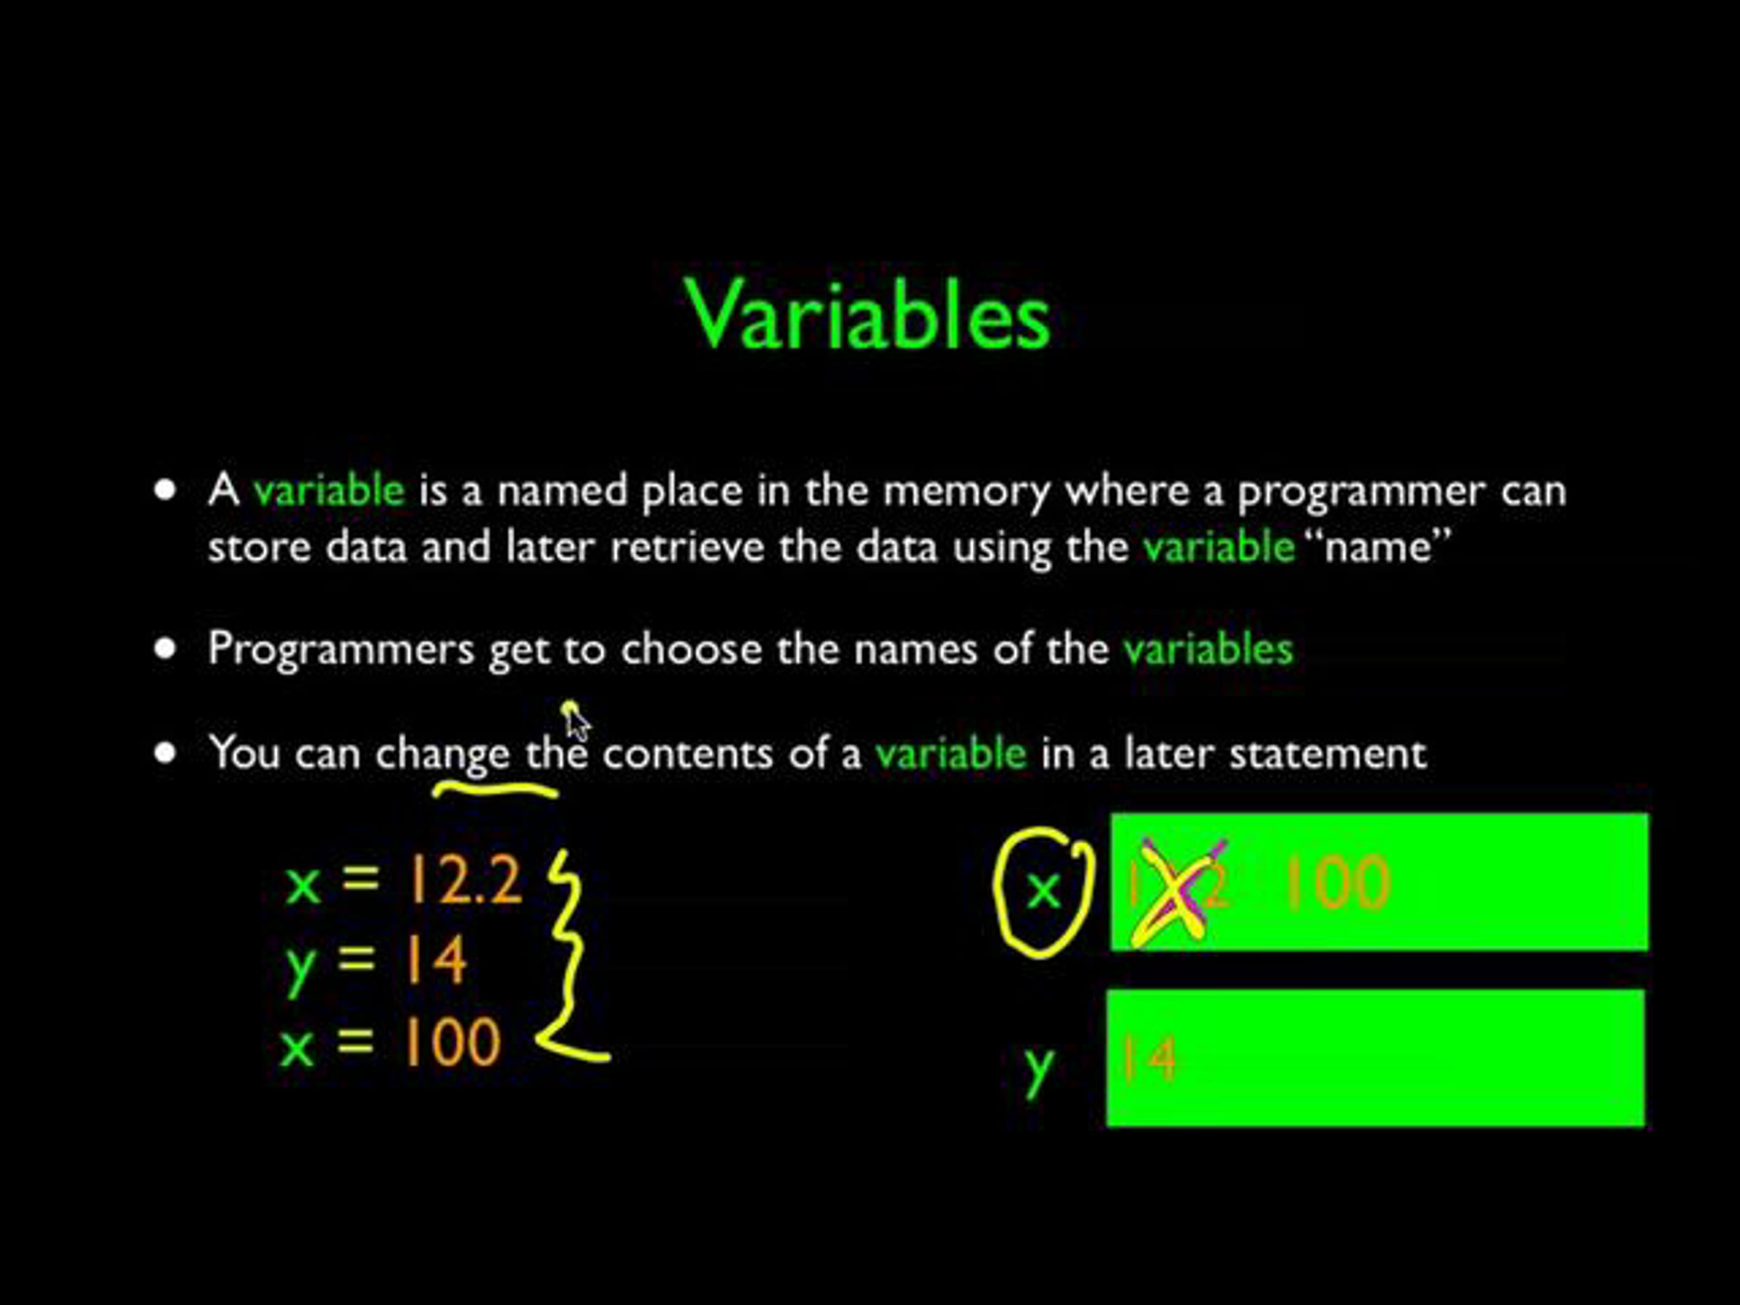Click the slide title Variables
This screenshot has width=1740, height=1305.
coord(869,314)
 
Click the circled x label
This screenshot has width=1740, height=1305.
coord(1043,891)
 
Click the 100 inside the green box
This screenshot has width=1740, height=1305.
coord(1337,882)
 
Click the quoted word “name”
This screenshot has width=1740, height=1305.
coord(1377,546)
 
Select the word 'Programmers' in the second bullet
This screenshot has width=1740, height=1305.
coord(341,650)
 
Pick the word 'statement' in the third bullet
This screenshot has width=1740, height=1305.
coord(1327,753)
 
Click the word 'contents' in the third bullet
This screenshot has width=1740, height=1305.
coord(688,753)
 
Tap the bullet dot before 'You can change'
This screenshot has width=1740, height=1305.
coord(165,753)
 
